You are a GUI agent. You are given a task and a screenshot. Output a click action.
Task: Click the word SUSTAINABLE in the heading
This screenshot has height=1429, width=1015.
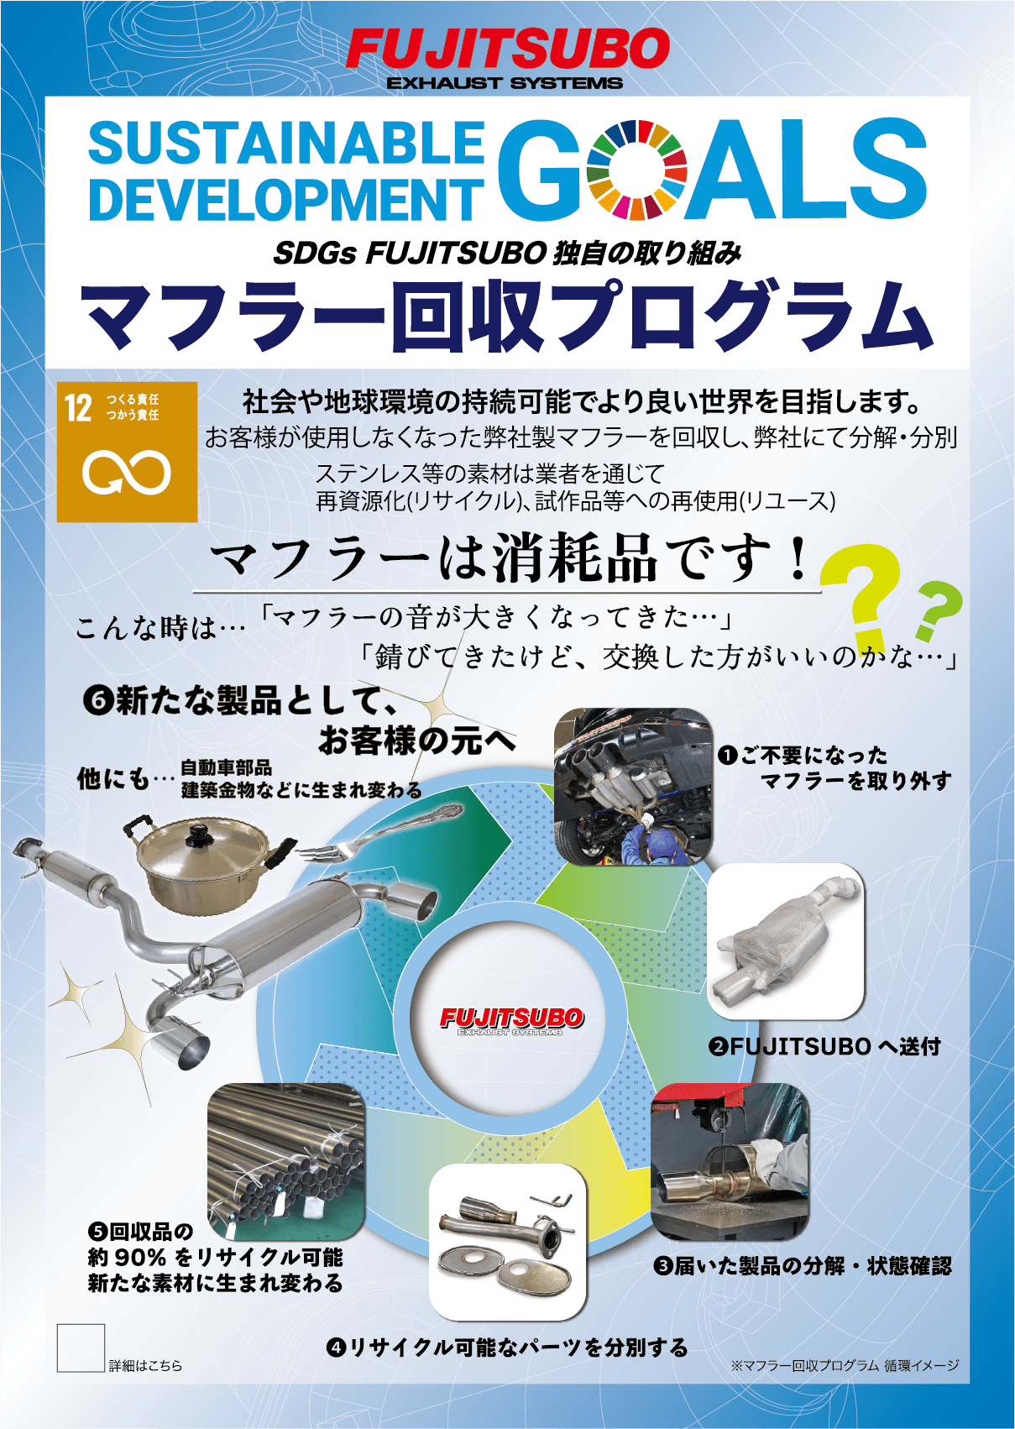click(x=286, y=144)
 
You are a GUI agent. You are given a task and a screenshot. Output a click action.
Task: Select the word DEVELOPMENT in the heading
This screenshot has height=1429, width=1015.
click(x=286, y=198)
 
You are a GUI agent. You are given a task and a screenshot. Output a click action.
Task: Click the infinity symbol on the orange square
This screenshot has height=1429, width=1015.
click(x=127, y=473)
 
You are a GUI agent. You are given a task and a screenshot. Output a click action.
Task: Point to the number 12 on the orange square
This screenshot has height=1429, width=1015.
click(x=78, y=408)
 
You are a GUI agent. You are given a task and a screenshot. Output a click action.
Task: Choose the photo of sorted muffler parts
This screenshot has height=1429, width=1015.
click(x=507, y=1242)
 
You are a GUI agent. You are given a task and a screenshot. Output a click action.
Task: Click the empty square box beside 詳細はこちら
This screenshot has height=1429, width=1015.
click(x=81, y=1348)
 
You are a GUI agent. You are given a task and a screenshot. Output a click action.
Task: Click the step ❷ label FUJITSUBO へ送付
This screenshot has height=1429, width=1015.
click(x=825, y=1045)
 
